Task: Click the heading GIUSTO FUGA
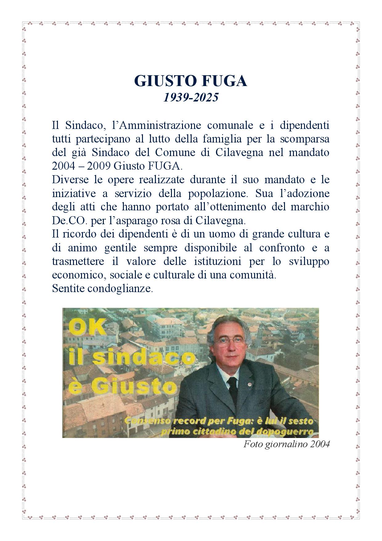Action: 191,81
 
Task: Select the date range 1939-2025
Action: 191,97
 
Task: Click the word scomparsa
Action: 304,139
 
